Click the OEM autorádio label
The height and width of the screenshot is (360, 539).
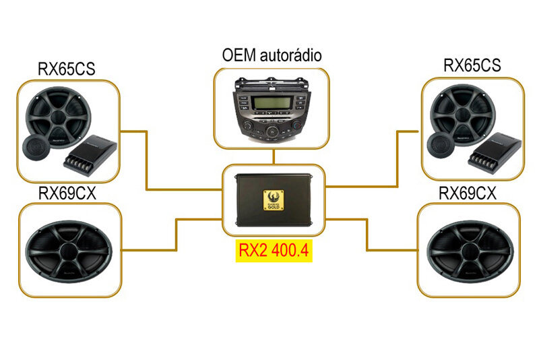coord(271,55)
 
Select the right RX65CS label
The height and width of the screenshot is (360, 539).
coord(472,65)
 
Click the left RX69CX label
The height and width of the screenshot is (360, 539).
coord(67,193)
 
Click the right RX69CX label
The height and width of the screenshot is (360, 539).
coord(468,193)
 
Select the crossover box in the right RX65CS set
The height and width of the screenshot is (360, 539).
coord(495,152)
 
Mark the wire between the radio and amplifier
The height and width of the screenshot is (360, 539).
coord(274,157)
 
